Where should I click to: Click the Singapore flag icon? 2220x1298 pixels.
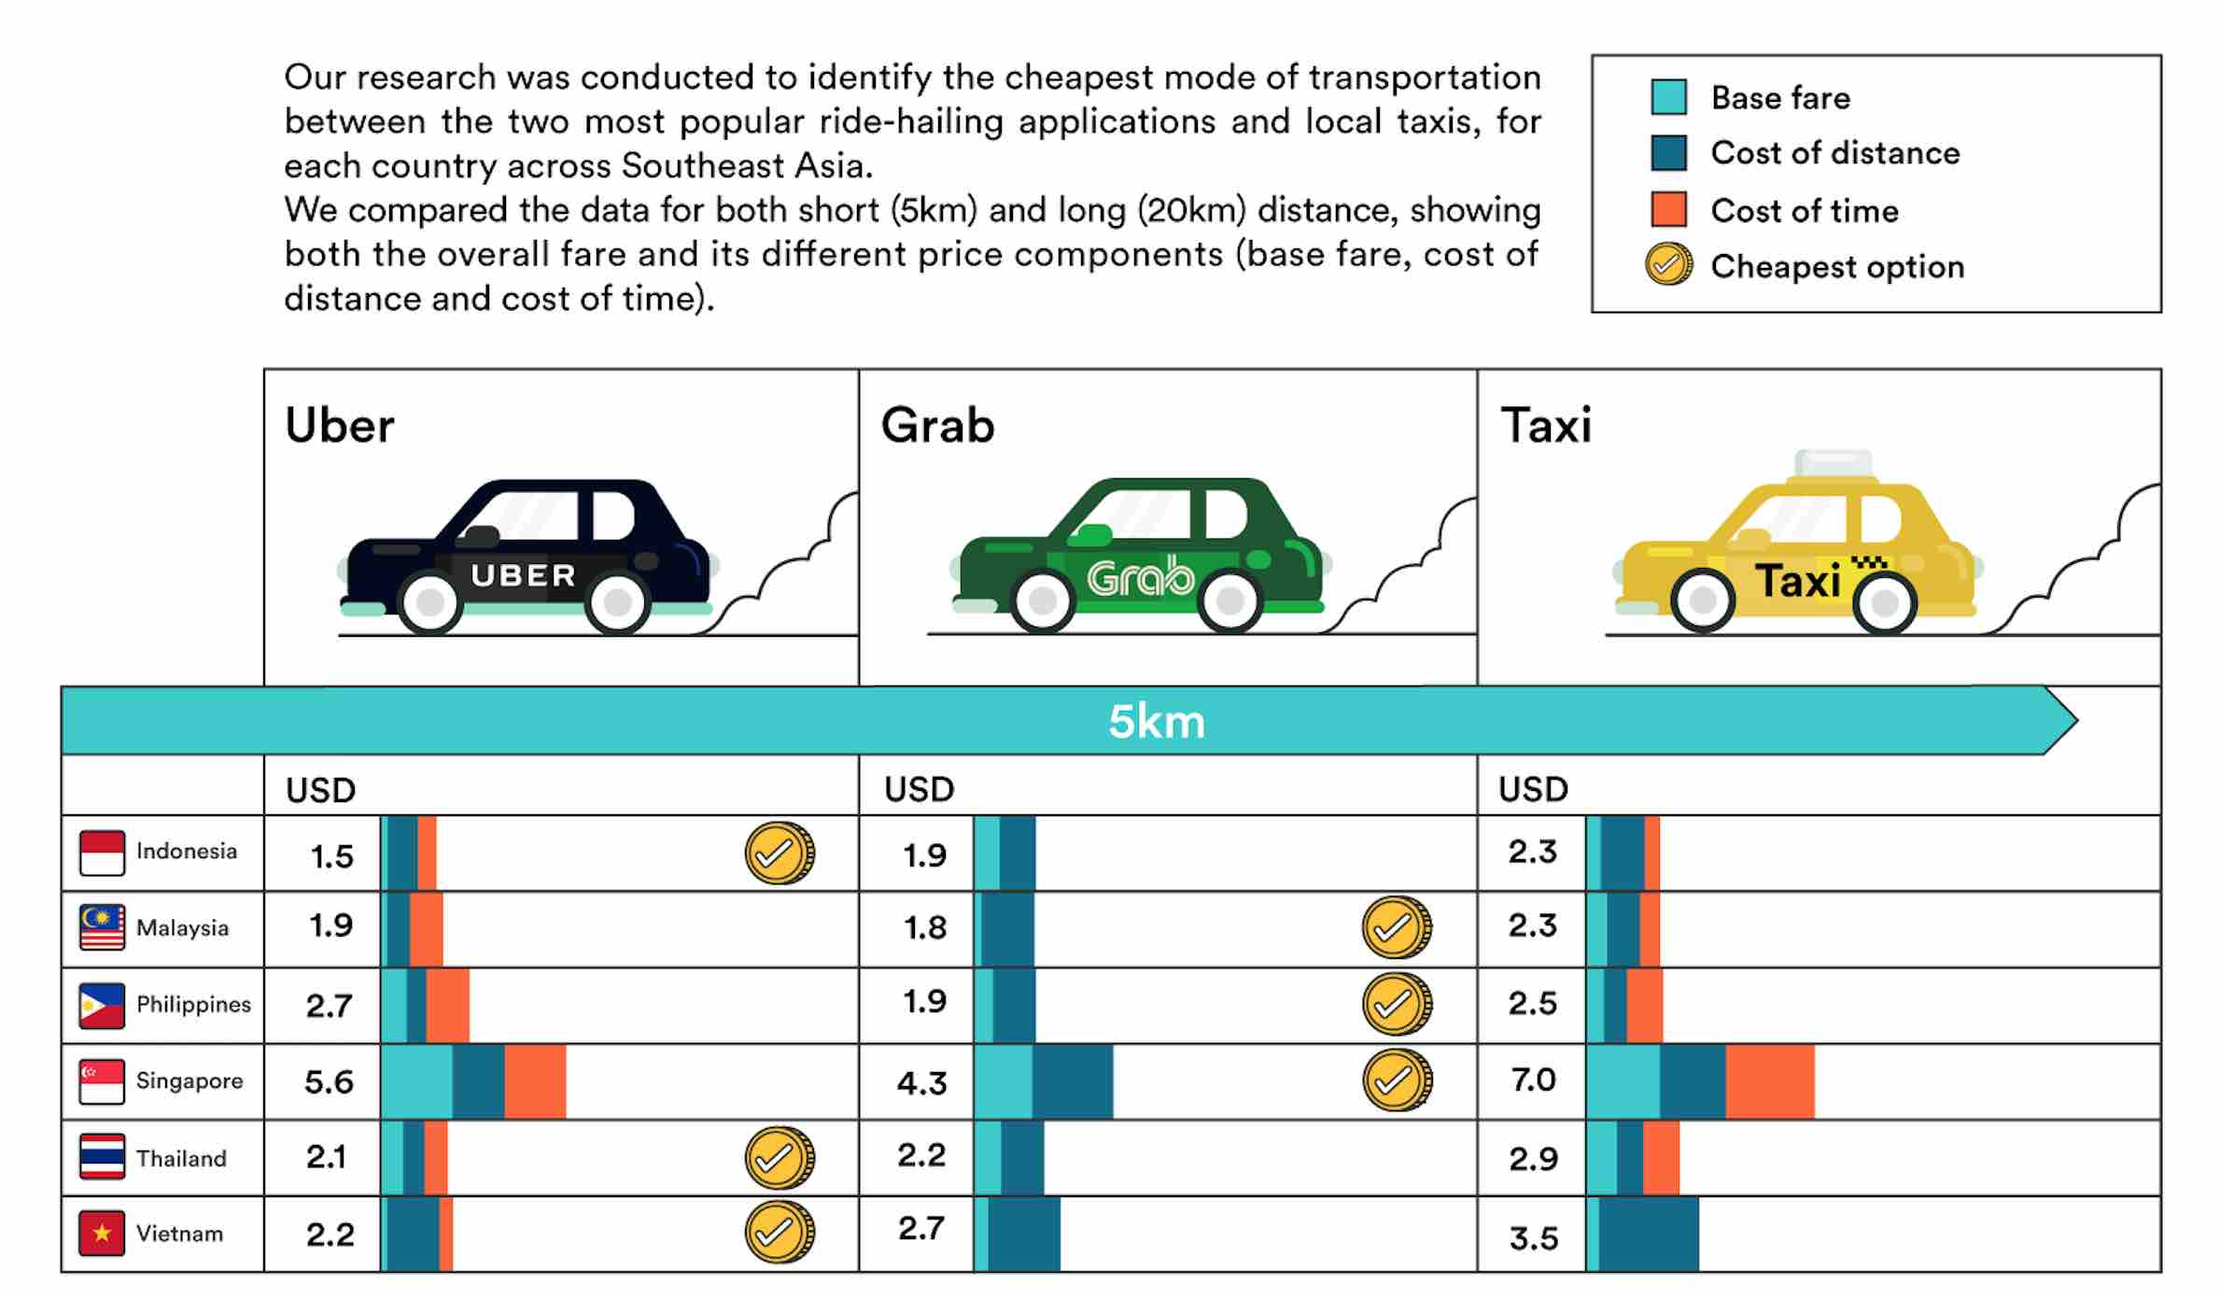(102, 1081)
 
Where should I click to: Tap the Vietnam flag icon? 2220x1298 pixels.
(102, 1234)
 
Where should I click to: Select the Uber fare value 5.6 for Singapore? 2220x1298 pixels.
(329, 1082)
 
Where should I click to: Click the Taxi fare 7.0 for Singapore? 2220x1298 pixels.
(1533, 1080)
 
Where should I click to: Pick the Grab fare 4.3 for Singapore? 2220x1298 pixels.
(921, 1083)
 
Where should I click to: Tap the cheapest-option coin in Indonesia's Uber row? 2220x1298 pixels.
(779, 854)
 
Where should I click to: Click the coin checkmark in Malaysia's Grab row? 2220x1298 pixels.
(1396, 928)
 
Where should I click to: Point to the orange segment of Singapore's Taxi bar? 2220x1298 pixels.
(1769, 1081)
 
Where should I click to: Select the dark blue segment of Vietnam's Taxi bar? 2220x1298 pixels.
(1648, 1235)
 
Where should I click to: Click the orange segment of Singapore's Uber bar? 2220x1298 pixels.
(535, 1081)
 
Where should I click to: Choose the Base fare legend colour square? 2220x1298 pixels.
(1668, 97)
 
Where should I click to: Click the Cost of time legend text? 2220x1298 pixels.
(1804, 211)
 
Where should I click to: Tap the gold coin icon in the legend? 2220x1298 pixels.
(1668, 265)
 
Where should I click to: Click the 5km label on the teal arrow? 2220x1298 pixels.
(1156, 722)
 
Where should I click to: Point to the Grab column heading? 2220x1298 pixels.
(937, 426)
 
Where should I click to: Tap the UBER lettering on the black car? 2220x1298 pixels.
(523, 575)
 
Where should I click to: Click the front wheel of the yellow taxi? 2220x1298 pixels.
(1884, 602)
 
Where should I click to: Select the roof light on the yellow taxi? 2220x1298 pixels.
(1834, 463)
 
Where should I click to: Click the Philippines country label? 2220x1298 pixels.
(193, 1005)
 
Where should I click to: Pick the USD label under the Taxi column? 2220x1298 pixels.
(1533, 790)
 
